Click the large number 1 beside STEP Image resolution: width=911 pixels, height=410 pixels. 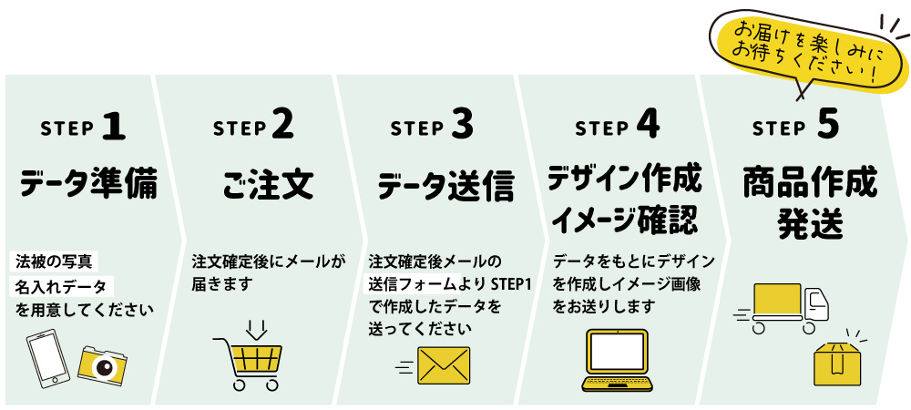[x=113, y=126]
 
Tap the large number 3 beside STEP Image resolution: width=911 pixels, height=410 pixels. [x=462, y=126]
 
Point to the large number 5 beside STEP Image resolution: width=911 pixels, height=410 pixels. [x=827, y=126]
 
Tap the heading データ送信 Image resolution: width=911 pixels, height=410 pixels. [x=445, y=185]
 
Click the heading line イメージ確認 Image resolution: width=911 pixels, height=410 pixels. [x=625, y=220]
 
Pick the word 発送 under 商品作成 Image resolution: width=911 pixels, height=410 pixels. [x=808, y=223]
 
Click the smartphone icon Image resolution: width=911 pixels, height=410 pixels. [x=48, y=359]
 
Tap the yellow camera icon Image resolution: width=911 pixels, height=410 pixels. [x=102, y=364]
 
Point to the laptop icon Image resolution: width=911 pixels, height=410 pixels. [x=618, y=361]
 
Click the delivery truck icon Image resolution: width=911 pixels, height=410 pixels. [x=789, y=308]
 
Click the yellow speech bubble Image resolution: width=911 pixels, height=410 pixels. [x=796, y=55]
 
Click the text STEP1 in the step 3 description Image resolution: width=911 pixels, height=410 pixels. [x=510, y=283]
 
